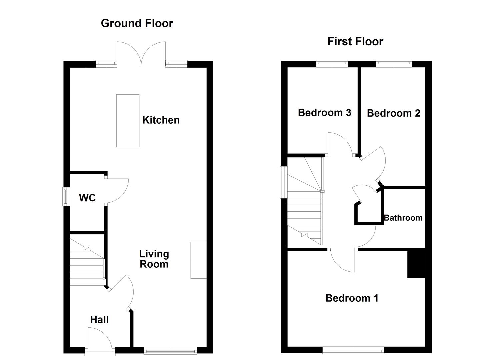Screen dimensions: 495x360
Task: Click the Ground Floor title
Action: tap(137, 23)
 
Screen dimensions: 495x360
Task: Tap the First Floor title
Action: tap(355, 42)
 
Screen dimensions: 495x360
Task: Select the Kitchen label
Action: tap(161, 120)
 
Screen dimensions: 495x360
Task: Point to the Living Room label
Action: tap(154, 259)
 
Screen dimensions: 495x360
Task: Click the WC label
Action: tap(87, 198)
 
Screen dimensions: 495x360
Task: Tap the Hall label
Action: tap(99, 320)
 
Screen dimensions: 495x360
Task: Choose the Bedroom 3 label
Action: tap(324, 112)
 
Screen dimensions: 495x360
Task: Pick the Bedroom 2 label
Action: tap(394, 113)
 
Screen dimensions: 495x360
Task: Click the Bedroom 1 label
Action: tap(352, 298)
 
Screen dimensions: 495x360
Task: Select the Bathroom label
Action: tap(403, 218)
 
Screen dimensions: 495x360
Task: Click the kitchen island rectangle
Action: tap(128, 121)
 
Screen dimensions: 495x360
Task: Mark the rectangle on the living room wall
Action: tap(199, 260)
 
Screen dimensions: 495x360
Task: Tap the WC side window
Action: tap(66, 197)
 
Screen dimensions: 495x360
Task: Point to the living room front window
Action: tap(170, 350)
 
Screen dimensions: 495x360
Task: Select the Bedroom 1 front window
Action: tap(353, 350)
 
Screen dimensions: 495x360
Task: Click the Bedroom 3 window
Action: tap(332, 64)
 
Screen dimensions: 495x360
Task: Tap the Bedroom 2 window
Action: tap(394, 64)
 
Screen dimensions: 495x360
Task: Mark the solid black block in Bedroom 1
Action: tap(416, 263)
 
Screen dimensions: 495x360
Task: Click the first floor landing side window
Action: tap(284, 182)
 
